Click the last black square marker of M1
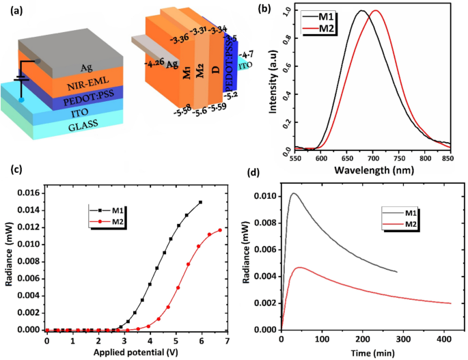click(200, 202)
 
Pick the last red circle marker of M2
click(220, 230)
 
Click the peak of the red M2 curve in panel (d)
click(298, 268)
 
